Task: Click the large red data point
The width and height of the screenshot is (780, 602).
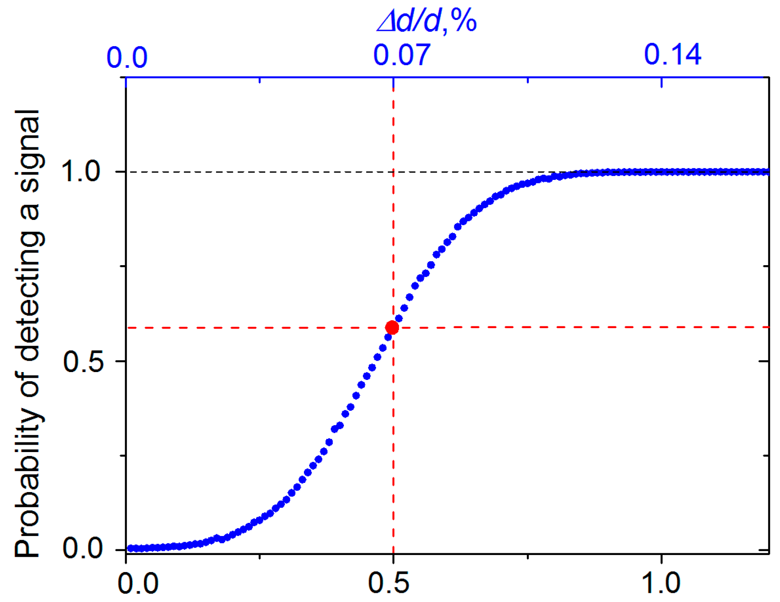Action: [x=392, y=327]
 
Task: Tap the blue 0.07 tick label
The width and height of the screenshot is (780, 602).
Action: [x=402, y=55]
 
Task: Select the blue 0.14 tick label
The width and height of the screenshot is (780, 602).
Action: [x=672, y=55]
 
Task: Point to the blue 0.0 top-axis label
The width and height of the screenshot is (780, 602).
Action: [x=127, y=57]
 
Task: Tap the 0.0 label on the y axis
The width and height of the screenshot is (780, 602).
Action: [x=83, y=549]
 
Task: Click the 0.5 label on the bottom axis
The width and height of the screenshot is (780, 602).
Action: [x=388, y=583]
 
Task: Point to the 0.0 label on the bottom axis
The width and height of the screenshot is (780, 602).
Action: [x=138, y=584]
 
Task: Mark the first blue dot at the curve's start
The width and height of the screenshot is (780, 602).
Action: [x=130, y=549]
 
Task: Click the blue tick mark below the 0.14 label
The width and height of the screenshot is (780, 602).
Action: [x=661, y=82]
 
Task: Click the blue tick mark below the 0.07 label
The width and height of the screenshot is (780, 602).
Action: [x=393, y=82]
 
